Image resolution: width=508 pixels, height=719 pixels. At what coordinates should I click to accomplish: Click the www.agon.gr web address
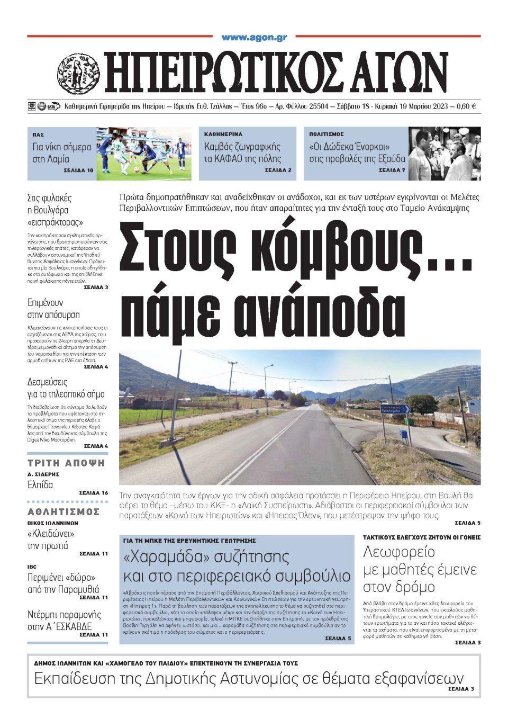point(254,38)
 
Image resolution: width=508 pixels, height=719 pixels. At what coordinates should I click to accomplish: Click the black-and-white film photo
point(444,154)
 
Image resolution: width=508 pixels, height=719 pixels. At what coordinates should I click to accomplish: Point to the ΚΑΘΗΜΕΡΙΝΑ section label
point(223,134)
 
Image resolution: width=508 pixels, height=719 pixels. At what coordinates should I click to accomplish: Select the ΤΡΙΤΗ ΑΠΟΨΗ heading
point(66,463)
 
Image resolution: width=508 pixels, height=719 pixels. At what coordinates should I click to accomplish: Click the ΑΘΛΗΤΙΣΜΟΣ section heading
point(63,511)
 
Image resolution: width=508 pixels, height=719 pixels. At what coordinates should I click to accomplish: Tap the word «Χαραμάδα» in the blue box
point(161,556)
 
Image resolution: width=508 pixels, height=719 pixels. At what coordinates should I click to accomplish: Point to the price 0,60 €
point(466,106)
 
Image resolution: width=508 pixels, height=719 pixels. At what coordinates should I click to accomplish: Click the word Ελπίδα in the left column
point(40,484)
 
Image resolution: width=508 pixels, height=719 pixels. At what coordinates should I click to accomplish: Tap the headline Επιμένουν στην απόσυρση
point(53,309)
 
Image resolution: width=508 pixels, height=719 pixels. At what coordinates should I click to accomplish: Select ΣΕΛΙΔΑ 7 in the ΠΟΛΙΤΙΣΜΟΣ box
point(392,170)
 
